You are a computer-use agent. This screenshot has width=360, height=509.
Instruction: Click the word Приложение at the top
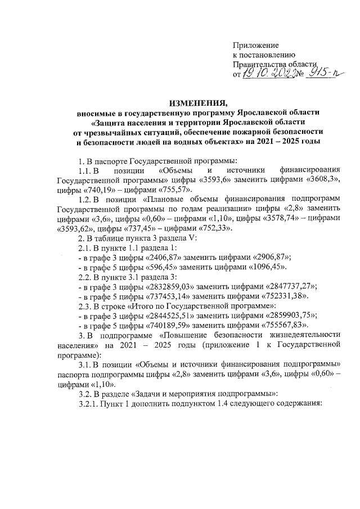(x=256, y=44)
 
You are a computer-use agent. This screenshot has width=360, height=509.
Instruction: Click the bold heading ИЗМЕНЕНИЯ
(x=192, y=102)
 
